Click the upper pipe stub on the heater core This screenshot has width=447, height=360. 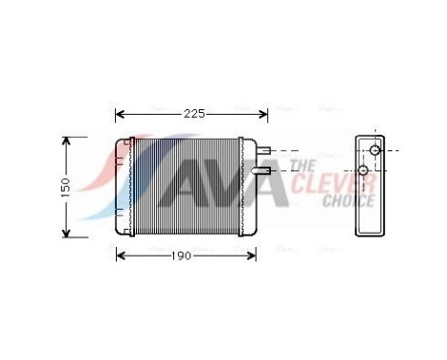tap(271, 150)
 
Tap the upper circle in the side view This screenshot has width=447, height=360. tap(375, 150)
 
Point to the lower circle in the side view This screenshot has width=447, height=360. tap(364, 170)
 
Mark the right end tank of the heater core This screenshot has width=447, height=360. tap(250, 187)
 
